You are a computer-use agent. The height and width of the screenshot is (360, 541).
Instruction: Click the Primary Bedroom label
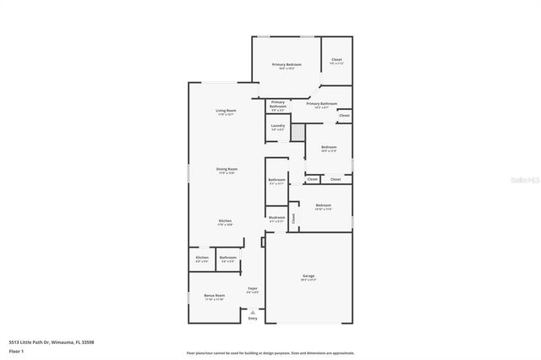pyautogui.click(x=287, y=65)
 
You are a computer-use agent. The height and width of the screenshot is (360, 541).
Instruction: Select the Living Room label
pyautogui.click(x=225, y=112)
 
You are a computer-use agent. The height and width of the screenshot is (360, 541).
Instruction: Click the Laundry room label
pyautogui.click(x=277, y=126)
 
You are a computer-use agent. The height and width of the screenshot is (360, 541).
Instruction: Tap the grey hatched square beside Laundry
pyautogui.click(x=298, y=133)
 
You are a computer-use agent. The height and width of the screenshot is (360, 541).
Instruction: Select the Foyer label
pyautogui.click(x=252, y=289)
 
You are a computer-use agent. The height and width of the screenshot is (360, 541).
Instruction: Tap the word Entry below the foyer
pyautogui.click(x=252, y=318)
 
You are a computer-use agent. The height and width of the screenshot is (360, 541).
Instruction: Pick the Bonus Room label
pyautogui.click(x=214, y=296)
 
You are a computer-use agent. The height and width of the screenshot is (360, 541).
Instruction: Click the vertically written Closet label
pyautogui.click(x=293, y=217)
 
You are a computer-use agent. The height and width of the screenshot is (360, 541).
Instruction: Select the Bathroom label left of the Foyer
pyautogui.click(x=227, y=258)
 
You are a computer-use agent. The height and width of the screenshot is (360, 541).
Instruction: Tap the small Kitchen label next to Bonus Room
pyautogui.click(x=202, y=258)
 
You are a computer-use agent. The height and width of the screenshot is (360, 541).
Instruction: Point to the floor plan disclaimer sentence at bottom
pyautogui.click(x=270, y=352)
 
